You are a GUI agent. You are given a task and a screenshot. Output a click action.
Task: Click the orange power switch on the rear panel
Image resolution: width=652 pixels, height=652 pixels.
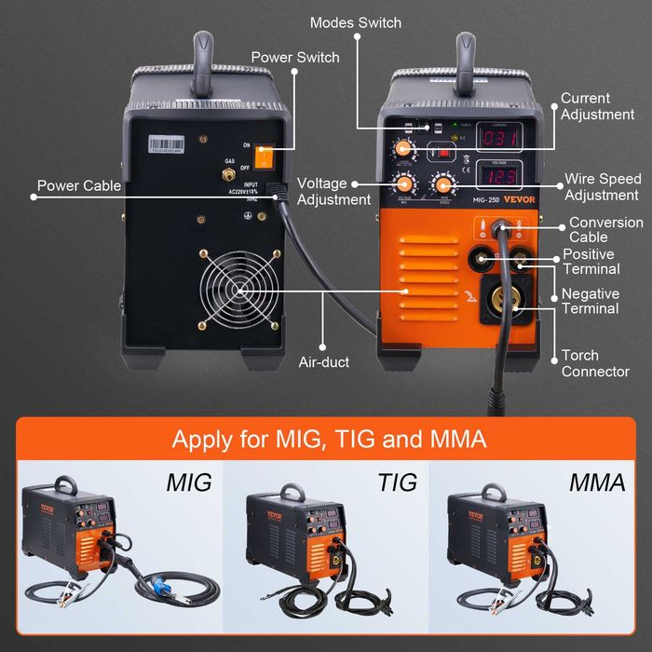(x=265, y=157)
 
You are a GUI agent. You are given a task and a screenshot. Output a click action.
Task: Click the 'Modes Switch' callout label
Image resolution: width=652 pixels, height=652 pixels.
(x=355, y=22)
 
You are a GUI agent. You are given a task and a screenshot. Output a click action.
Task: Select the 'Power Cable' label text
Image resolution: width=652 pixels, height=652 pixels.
(x=79, y=185)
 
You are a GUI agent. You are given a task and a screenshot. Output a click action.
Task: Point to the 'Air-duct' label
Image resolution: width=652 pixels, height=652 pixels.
(x=323, y=361)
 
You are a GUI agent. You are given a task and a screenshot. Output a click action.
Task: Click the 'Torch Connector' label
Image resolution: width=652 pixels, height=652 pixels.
(x=595, y=363)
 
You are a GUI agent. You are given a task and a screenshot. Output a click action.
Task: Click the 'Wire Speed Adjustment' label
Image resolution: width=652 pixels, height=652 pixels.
(x=602, y=187)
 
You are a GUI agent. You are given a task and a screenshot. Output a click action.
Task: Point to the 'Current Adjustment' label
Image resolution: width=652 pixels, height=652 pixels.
(x=598, y=106)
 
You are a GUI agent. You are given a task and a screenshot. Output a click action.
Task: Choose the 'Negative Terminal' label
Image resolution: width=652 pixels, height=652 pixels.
(x=590, y=301)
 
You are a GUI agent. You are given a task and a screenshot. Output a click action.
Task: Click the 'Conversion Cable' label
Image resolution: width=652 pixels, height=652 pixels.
(x=605, y=230)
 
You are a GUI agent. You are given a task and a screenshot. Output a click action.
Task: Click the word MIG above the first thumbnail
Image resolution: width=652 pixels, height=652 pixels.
(x=189, y=482)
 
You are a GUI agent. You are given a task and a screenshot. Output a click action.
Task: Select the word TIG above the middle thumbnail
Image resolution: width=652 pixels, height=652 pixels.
(x=398, y=482)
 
